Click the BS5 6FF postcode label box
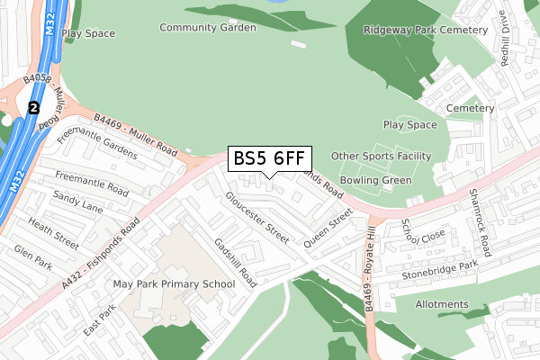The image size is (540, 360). [269, 158]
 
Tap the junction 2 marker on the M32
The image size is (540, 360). [34, 108]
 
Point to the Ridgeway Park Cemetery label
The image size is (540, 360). [426, 30]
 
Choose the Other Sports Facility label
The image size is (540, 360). [381, 157]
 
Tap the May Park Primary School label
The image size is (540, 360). [174, 284]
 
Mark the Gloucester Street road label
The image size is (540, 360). [257, 217]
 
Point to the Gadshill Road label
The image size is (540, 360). [235, 263]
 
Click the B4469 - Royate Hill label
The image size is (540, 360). [371, 269]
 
